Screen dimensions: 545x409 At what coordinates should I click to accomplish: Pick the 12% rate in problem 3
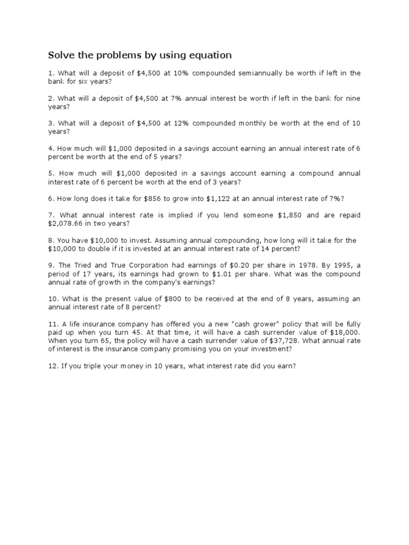point(177,123)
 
